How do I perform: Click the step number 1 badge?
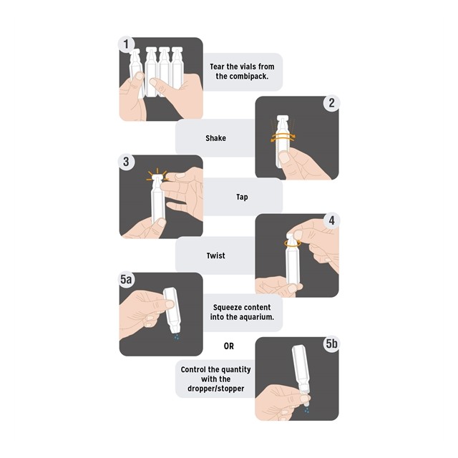126,44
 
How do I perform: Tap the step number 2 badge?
331,103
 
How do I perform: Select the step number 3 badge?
126,162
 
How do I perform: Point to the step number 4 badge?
331,220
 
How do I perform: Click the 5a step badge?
126,280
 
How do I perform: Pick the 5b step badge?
331,343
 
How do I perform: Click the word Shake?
216,138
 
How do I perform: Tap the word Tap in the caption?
242,198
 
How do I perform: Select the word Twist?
216,256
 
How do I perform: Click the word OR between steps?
229,346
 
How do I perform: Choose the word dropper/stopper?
216,389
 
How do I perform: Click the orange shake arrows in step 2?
283,137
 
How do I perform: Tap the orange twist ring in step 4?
293,243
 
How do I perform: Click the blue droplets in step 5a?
177,337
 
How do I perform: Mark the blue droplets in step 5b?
307,410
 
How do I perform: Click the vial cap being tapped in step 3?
157,177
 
